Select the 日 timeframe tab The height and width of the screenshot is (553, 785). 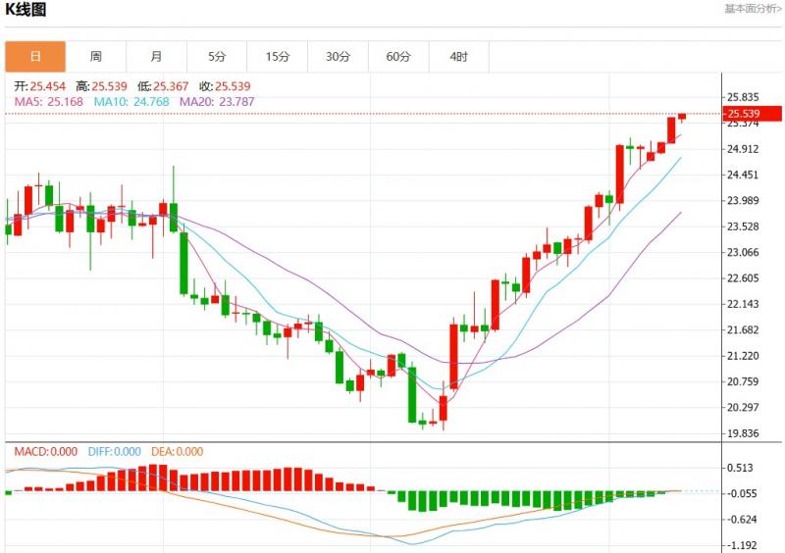35,57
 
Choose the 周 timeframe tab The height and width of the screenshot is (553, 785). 96,57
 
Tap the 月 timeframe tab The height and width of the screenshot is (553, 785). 157,57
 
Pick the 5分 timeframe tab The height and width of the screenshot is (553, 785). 217,57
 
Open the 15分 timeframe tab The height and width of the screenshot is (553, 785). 278,57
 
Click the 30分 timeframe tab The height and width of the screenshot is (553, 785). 339,57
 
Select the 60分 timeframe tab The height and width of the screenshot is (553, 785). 398,57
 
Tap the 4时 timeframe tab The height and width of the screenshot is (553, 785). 459,57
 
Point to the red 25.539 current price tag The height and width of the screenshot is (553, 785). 752,114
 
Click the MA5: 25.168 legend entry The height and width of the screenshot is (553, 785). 48,101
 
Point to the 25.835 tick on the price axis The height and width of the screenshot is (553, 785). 744,97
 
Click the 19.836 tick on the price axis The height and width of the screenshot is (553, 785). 744,433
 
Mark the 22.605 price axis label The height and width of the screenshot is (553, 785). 744,278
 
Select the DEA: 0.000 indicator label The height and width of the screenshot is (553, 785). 179,452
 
